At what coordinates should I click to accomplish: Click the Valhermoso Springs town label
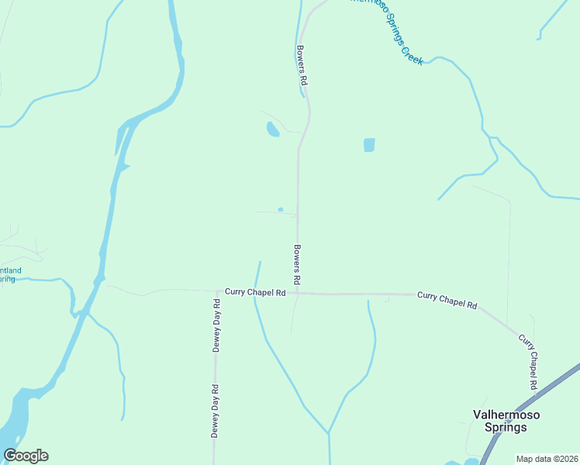(506, 421)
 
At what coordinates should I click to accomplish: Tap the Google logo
(26, 456)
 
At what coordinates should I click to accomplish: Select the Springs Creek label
(386, 31)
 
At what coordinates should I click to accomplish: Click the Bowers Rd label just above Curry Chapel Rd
(297, 263)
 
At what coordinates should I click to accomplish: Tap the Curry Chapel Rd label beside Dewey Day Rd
(256, 292)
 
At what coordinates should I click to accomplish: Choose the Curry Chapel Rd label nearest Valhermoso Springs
(529, 362)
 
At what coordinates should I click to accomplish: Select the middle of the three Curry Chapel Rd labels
(447, 300)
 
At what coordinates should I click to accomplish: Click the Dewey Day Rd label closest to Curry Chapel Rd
(216, 325)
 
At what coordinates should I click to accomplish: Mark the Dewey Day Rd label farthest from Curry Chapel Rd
(214, 410)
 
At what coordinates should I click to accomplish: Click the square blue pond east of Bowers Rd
(369, 145)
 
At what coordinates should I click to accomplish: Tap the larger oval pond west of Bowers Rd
(272, 129)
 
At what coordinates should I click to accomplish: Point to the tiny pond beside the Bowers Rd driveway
(280, 208)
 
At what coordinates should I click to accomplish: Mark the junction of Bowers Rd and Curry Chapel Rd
(298, 293)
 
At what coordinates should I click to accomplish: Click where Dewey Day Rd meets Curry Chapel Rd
(215, 291)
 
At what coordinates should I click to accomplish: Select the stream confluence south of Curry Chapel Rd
(329, 432)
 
